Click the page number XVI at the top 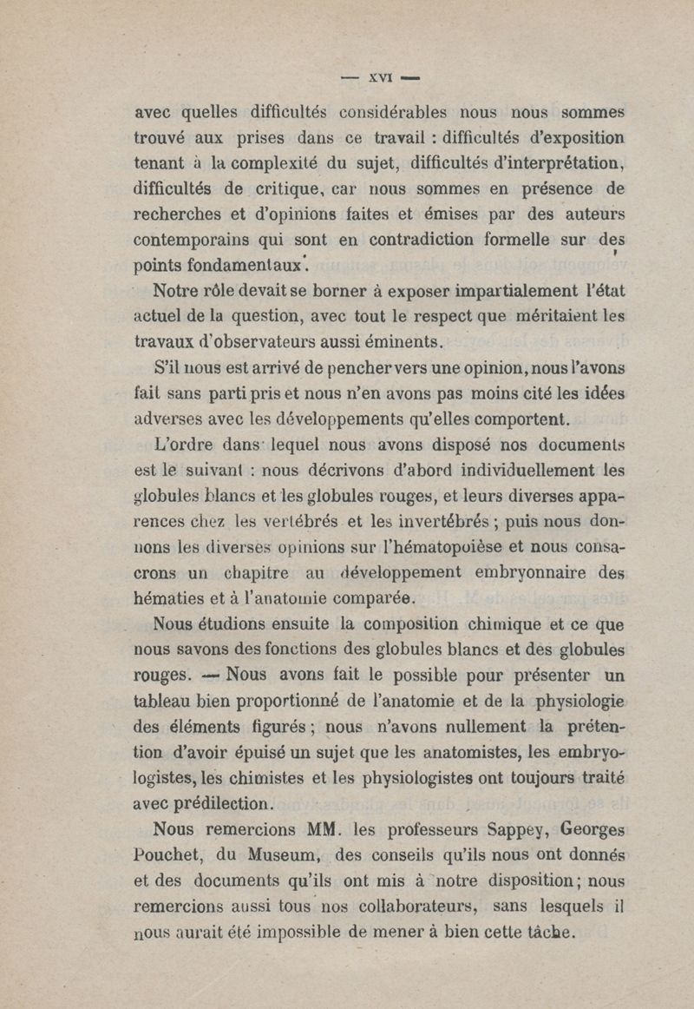(381, 78)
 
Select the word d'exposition (569, 137)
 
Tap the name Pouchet (167, 854)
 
